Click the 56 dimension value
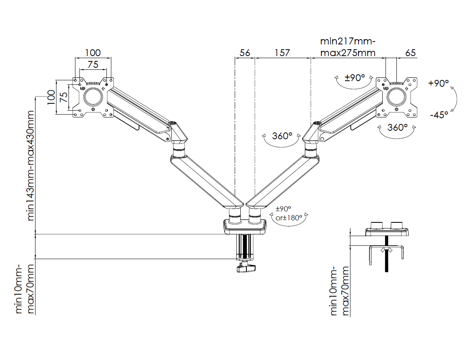(245, 53)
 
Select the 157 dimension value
(282, 53)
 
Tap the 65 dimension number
(410, 53)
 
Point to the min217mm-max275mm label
(348, 47)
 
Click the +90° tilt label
(439, 84)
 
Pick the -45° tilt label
(439, 115)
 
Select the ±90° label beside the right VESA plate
(354, 77)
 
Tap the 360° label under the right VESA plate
(398, 128)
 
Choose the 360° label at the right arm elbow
(282, 136)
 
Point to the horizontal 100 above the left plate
(93, 53)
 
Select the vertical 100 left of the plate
(51, 97)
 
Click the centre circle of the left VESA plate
(93, 97)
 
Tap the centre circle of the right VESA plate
(397, 97)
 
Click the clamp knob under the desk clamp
(246, 268)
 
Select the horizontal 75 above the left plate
(93, 64)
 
